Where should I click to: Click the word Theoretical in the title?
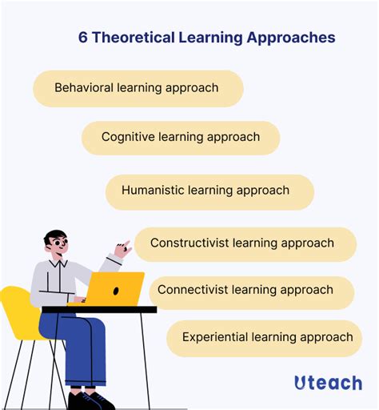[132, 38]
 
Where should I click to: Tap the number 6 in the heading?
[82, 38]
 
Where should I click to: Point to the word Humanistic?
[154, 191]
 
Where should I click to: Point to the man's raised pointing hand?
[122, 248]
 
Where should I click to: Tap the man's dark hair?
[56, 235]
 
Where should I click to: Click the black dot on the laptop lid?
[116, 289]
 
